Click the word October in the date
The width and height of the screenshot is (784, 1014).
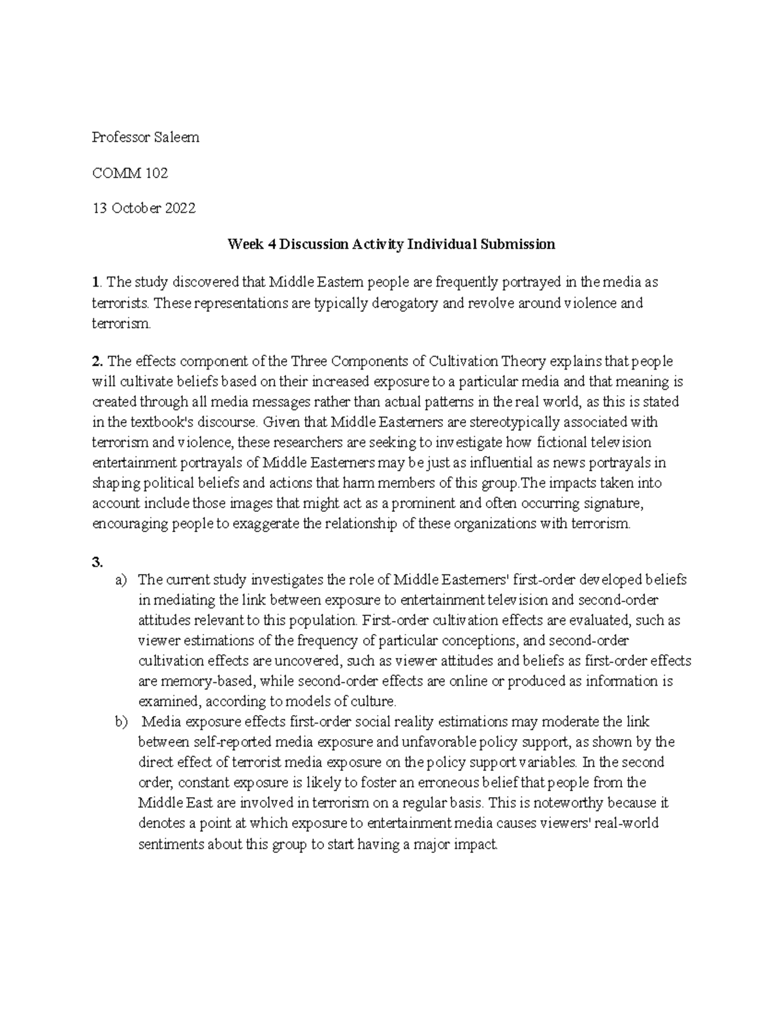point(135,208)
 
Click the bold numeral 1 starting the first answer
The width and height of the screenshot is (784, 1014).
point(96,282)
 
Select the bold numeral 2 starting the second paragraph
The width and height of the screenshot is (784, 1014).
point(97,361)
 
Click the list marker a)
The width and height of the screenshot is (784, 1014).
point(122,579)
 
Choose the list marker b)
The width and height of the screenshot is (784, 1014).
point(122,721)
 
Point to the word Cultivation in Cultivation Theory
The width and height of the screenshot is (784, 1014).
point(464,361)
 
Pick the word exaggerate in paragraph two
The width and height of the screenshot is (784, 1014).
point(267,524)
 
